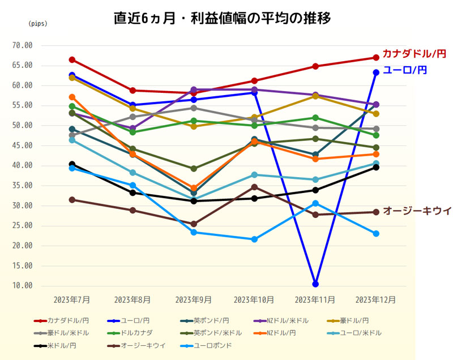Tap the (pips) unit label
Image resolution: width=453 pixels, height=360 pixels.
pyautogui.click(x=38, y=24)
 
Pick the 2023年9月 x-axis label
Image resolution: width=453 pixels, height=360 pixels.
pyautogui.click(x=194, y=299)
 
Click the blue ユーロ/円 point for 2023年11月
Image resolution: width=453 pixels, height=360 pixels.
pyautogui.click(x=315, y=284)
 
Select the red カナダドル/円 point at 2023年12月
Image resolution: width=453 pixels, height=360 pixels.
pyautogui.click(x=376, y=58)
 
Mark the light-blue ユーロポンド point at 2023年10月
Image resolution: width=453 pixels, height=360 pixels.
pyautogui.click(x=255, y=239)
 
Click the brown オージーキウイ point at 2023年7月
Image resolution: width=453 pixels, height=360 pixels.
pyautogui.click(x=72, y=200)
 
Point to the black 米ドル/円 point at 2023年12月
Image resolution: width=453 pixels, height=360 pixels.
pyautogui.click(x=376, y=167)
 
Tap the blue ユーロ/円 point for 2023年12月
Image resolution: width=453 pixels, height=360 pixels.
pyautogui.click(x=376, y=72)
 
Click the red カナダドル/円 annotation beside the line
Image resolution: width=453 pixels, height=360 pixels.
pyautogui.click(x=414, y=54)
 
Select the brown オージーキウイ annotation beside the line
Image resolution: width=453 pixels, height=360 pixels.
pyautogui.click(x=417, y=211)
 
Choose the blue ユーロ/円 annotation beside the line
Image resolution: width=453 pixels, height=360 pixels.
pyautogui.click(x=405, y=70)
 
